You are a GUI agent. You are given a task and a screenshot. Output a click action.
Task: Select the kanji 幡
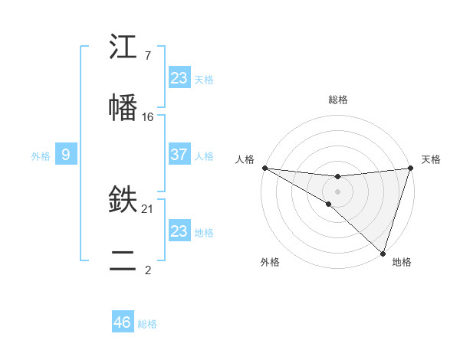(123, 106)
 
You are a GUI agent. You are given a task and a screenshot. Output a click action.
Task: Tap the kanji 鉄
(123, 200)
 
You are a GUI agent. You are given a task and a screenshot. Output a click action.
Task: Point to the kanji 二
(123, 259)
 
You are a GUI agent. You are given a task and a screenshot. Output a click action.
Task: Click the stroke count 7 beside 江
(148, 56)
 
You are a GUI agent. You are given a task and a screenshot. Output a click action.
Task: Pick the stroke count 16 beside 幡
(148, 116)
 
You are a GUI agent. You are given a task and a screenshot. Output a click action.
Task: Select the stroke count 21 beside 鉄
(148, 208)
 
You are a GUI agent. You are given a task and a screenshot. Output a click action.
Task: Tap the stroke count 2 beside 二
(148, 269)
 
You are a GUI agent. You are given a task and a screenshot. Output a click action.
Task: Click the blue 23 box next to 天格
(179, 78)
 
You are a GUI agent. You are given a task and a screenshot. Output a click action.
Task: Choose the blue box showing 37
(179, 155)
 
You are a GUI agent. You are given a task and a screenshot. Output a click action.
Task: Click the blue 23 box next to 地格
(179, 231)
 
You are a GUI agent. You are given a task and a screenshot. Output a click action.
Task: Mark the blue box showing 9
(66, 155)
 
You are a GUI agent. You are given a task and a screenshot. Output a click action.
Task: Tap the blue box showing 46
(123, 322)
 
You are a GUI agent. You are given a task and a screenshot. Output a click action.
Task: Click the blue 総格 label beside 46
(147, 324)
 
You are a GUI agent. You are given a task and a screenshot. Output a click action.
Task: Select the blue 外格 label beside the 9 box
(41, 156)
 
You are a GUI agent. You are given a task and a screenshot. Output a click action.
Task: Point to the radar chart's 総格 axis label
(337, 100)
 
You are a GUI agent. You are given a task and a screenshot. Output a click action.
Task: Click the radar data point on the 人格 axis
(264, 168)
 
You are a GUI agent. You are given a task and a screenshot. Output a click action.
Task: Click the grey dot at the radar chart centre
(337, 191)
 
